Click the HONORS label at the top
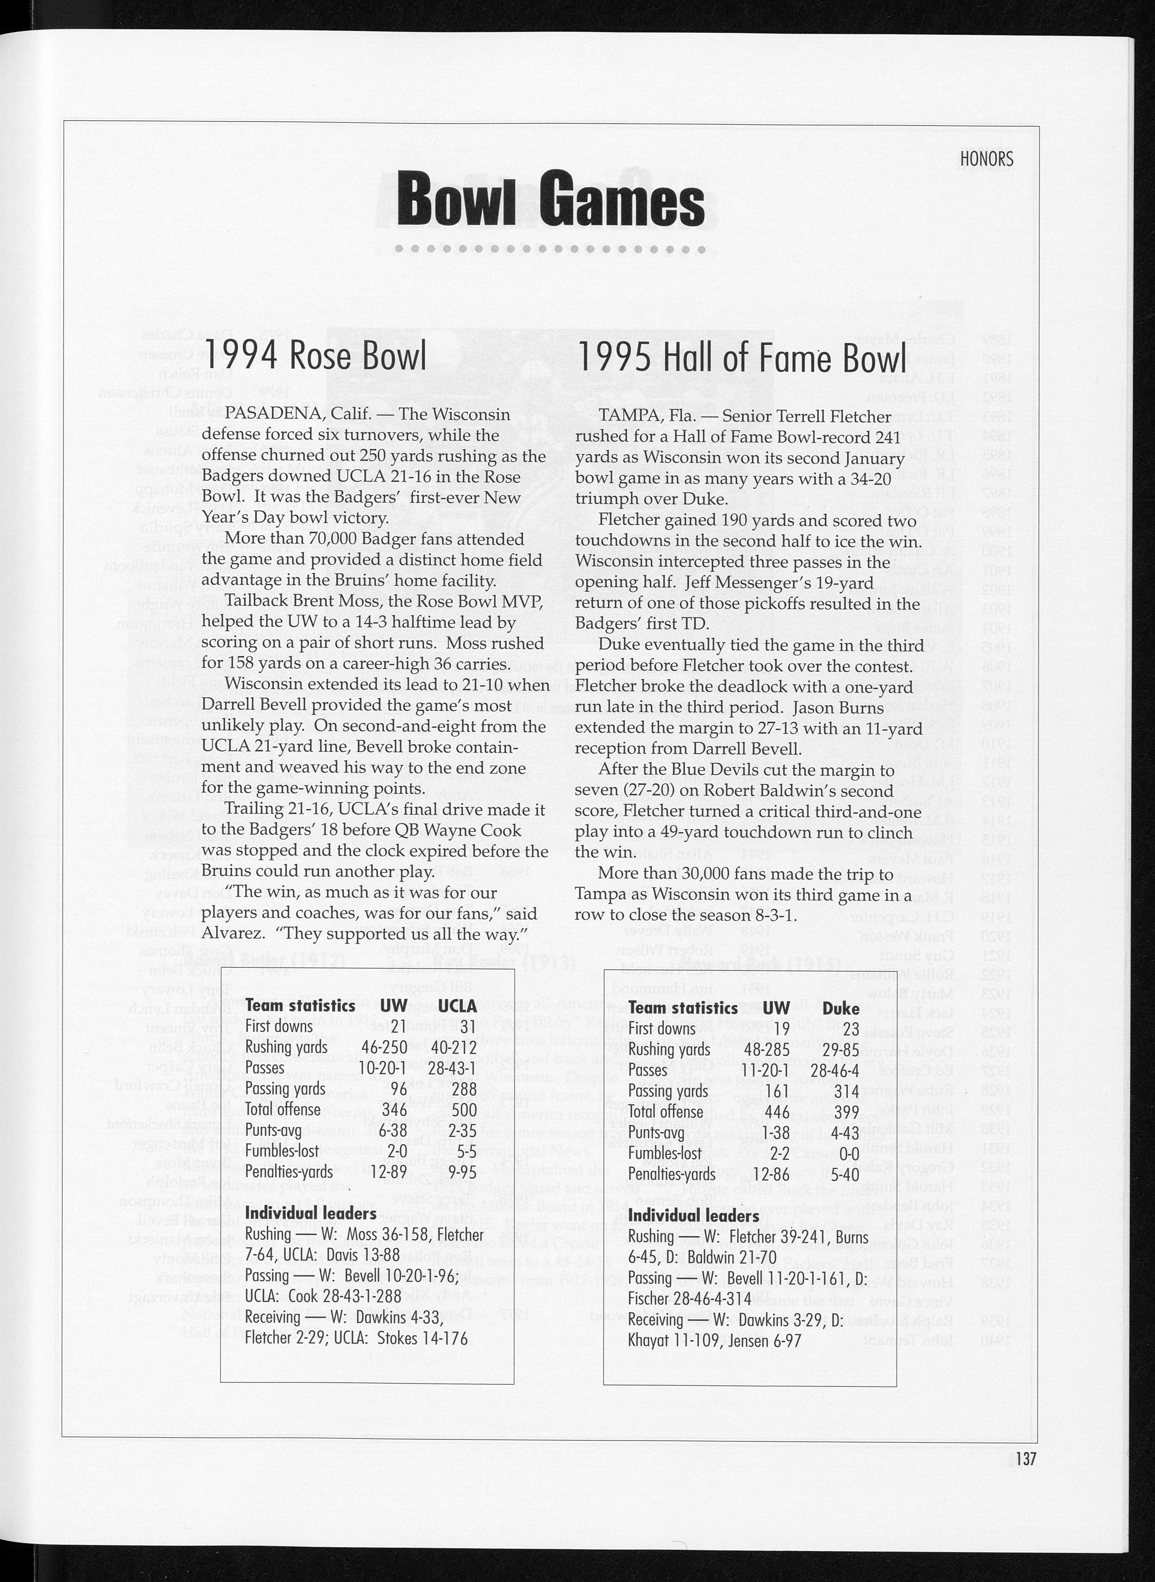pos(986,159)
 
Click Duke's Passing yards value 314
pos(846,1091)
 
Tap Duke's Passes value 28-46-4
pos(837,1070)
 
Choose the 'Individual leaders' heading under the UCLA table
pos(311,1213)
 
